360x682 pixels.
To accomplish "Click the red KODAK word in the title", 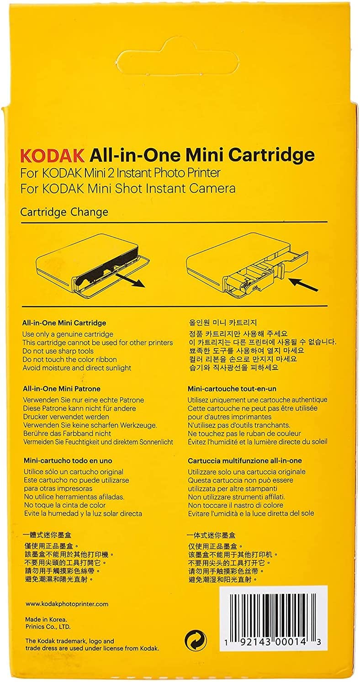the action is point(53,155).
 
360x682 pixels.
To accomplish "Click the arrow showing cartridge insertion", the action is point(304,285).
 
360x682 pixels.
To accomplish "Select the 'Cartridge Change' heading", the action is point(64,212).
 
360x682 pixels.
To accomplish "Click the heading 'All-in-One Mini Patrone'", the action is point(62,389).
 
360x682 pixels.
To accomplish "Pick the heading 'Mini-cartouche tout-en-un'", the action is point(232,389).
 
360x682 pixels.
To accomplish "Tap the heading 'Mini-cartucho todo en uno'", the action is point(68,460).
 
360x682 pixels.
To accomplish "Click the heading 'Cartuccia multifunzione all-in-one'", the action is point(245,460).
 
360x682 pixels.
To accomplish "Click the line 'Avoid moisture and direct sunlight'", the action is point(77,368).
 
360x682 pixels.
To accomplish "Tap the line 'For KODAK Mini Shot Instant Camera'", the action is point(128,189).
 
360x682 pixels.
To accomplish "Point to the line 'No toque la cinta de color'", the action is point(64,505).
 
